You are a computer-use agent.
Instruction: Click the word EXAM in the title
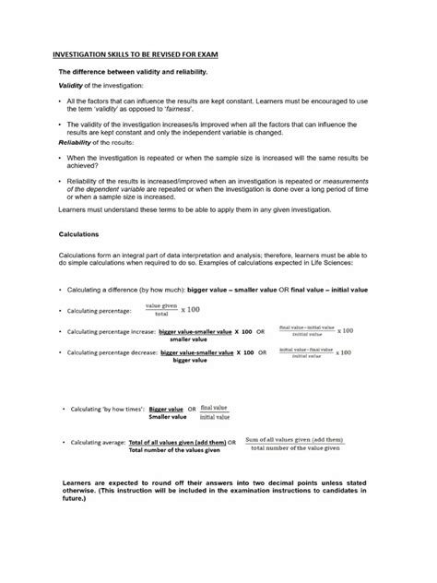(206, 55)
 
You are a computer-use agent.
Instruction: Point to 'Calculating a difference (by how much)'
(130, 289)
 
